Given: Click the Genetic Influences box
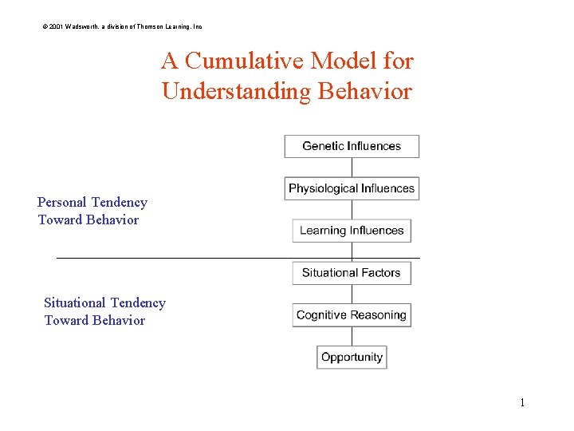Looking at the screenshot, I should coord(352,146).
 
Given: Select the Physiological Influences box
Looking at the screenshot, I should coord(352,188).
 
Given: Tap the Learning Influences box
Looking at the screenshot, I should coord(352,231).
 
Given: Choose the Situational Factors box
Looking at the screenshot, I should coord(352,273).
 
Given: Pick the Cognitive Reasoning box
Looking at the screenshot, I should coord(352,315).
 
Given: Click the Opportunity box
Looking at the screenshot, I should coord(352,357).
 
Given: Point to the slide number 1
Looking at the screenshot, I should coord(522,402).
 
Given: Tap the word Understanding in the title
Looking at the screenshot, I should coord(236,91).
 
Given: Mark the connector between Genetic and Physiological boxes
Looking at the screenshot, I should coord(352,168).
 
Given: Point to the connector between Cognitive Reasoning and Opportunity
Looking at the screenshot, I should coord(352,336).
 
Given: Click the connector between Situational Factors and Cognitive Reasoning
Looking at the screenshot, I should coord(352,294).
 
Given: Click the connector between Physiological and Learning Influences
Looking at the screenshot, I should coord(352,210).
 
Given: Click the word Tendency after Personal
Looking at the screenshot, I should coord(119,203).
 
